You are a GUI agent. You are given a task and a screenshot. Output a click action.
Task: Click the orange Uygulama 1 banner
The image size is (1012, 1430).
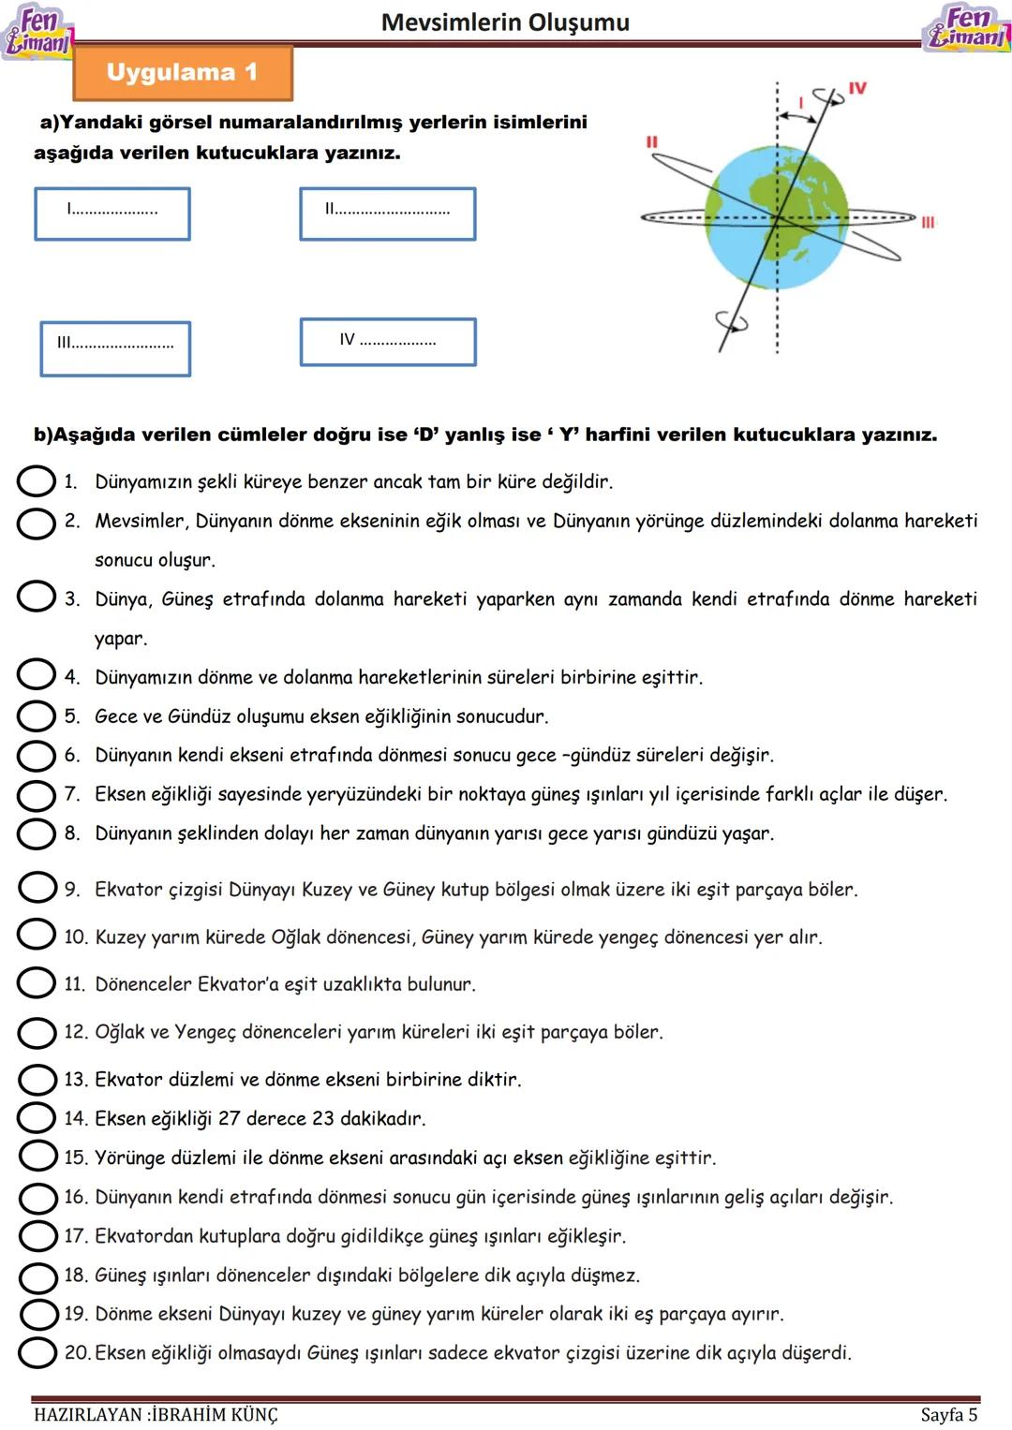coord(183,73)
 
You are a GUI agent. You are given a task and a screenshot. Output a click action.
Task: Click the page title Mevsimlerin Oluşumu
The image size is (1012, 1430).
coord(505,22)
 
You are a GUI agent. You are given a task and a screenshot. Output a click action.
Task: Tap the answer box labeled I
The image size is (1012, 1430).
coord(112,214)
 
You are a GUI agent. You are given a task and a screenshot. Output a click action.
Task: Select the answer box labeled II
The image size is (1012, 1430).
coord(387,214)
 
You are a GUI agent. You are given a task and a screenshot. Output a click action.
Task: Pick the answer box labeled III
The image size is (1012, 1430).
coord(115,348)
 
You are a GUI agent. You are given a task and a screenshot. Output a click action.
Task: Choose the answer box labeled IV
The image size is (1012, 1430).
coord(387,342)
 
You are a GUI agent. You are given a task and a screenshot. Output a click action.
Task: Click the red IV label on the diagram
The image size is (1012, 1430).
coord(856,88)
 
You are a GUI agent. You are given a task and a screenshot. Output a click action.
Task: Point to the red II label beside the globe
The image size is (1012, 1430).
coord(651,142)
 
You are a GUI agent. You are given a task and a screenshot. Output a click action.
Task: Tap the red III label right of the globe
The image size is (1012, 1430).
coord(927,222)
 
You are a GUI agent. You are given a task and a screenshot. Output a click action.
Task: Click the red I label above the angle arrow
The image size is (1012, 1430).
coord(801,101)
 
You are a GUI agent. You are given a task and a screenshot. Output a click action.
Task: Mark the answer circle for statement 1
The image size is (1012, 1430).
coord(37,481)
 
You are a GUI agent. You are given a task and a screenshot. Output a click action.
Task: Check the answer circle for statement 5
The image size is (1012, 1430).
coord(37,716)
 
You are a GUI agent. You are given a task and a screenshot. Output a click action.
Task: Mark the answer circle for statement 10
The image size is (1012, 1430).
coord(37,935)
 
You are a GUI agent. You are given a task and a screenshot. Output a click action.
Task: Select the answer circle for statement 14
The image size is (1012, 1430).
coord(37,1117)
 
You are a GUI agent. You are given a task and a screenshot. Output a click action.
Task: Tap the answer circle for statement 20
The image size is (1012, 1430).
coord(37,1351)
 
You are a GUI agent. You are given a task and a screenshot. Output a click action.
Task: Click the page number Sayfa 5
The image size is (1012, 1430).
coord(948,1414)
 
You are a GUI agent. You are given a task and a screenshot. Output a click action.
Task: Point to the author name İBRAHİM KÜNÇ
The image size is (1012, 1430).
coord(215,1414)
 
